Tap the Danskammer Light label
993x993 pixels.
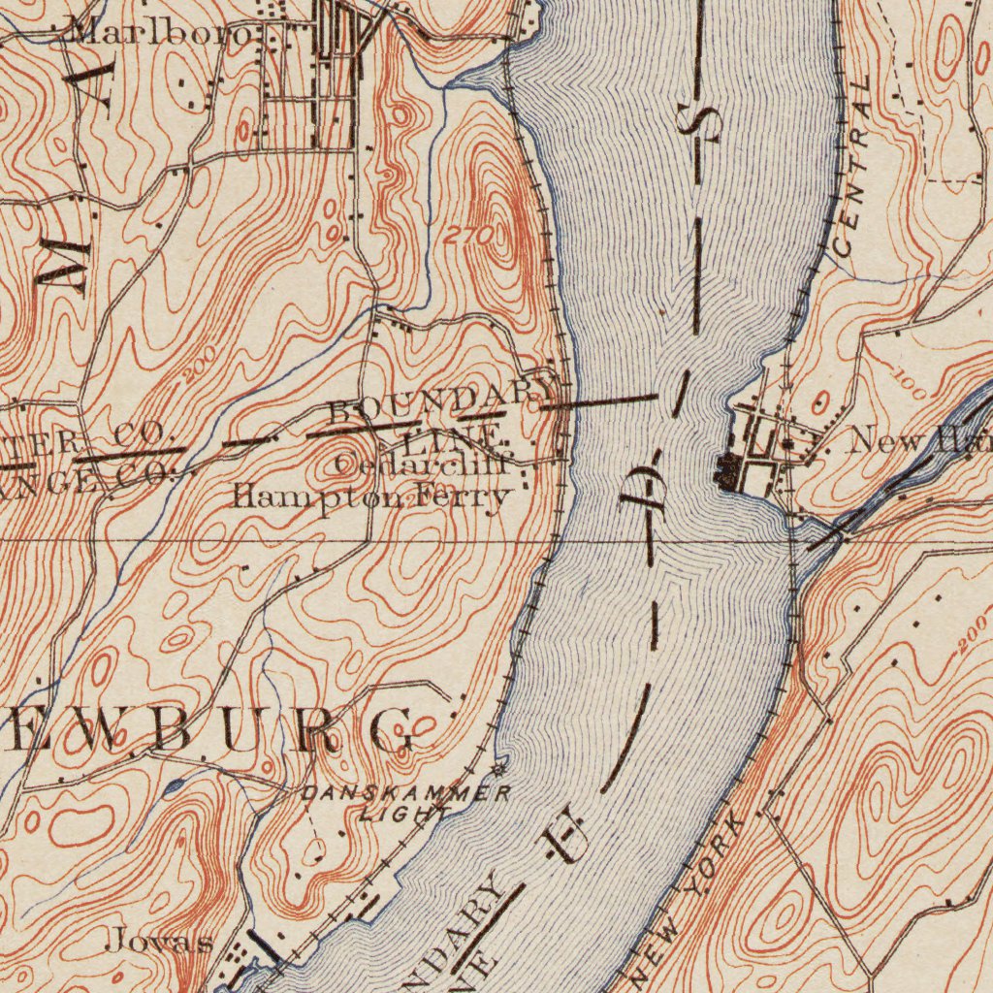point(406,804)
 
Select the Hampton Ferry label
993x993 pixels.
point(370,498)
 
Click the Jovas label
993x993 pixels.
point(159,940)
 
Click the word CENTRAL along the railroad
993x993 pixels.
point(853,169)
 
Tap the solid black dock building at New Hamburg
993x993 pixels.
point(726,471)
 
